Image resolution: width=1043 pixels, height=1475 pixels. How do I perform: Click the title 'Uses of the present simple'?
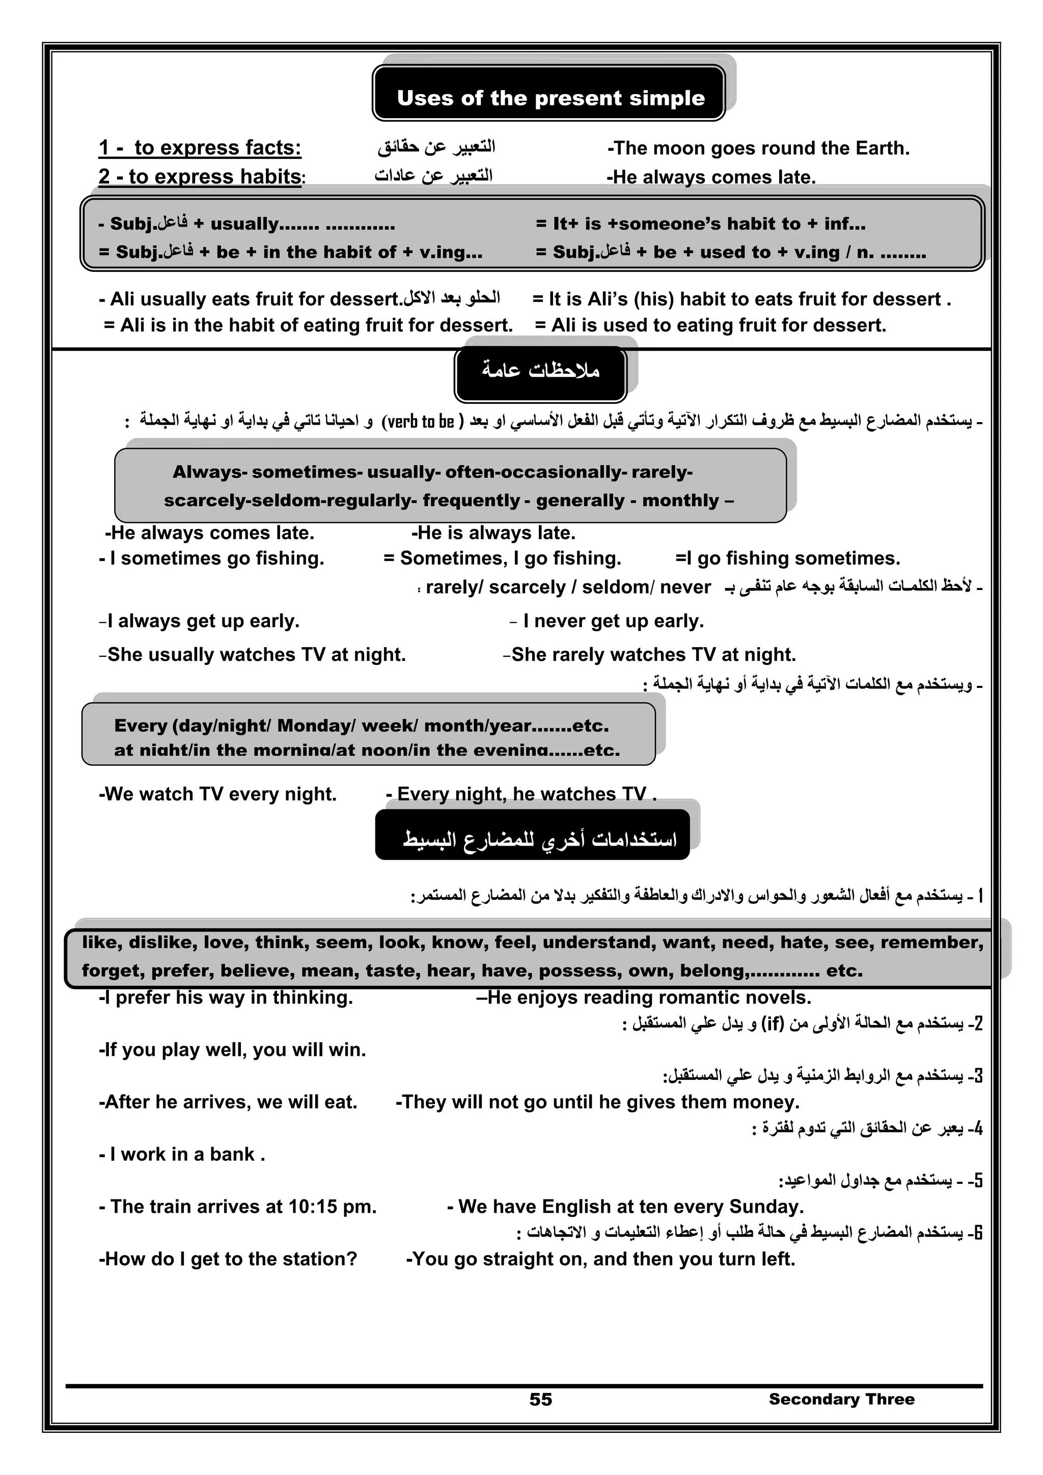coord(550,98)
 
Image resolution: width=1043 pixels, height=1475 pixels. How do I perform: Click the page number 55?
coord(540,1399)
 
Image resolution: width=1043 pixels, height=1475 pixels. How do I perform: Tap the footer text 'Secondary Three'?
coord(841,1399)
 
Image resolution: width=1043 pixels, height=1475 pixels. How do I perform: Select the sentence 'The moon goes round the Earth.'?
coord(758,148)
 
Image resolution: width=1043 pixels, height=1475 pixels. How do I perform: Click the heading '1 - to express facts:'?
coord(199,148)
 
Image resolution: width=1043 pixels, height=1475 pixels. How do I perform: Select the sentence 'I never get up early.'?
coord(613,621)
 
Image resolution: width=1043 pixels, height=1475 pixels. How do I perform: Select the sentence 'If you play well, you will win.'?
coord(232,1050)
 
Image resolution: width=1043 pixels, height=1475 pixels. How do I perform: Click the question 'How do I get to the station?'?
coord(228,1259)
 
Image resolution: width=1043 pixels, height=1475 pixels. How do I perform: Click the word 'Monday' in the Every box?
coord(315,726)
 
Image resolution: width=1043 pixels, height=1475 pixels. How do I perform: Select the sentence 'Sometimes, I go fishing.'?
coord(503,558)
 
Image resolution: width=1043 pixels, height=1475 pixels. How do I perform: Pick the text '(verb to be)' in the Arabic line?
coord(421,422)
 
